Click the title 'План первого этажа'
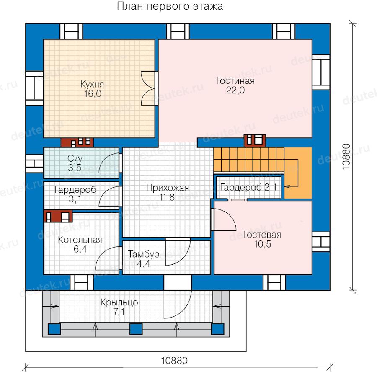[x=170, y=6]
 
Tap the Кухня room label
[x=92, y=84]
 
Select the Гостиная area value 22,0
[x=235, y=90]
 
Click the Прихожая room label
[x=168, y=188]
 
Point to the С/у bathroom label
[x=75, y=158]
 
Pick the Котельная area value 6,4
[x=80, y=249]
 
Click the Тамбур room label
[x=144, y=254]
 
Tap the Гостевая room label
[x=262, y=235]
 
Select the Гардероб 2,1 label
[x=248, y=187]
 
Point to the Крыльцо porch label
[x=119, y=302]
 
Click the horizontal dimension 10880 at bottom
[x=174, y=361]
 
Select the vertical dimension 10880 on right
[x=346, y=157]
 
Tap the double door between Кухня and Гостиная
[x=149, y=88]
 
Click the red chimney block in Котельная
[x=58, y=216]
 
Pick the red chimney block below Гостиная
[x=255, y=141]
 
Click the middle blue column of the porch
[x=136, y=329]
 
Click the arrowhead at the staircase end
[x=287, y=186]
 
